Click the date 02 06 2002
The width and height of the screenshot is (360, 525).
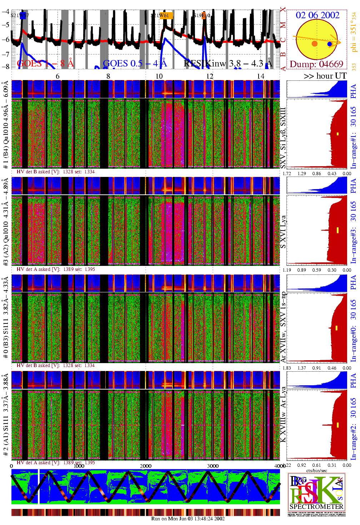[x=317, y=15]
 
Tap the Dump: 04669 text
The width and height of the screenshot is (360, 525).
[x=316, y=64]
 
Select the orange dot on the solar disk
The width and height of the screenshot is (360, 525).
[x=315, y=44]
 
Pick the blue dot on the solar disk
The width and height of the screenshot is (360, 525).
[x=330, y=44]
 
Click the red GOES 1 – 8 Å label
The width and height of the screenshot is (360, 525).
[x=45, y=63]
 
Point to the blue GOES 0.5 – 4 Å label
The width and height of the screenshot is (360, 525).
[x=135, y=63]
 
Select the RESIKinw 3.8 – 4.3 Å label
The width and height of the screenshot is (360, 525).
[x=228, y=63]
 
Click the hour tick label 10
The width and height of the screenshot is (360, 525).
[x=159, y=76]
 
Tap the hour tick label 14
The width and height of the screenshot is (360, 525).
[x=261, y=76]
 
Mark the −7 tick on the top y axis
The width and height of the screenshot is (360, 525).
[x=5, y=54]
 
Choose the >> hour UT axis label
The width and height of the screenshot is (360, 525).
[x=325, y=76]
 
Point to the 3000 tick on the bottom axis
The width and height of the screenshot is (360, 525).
[x=213, y=466]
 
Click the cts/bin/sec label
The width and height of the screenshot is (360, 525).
[x=316, y=471]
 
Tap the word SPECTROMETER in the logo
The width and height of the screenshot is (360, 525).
[x=316, y=506]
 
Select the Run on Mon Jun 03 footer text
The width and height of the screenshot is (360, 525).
[x=188, y=519]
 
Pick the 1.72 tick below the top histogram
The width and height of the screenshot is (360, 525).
[x=287, y=174]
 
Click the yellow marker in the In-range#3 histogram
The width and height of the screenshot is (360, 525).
[x=337, y=230]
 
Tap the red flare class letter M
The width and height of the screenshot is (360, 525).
[x=283, y=25]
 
